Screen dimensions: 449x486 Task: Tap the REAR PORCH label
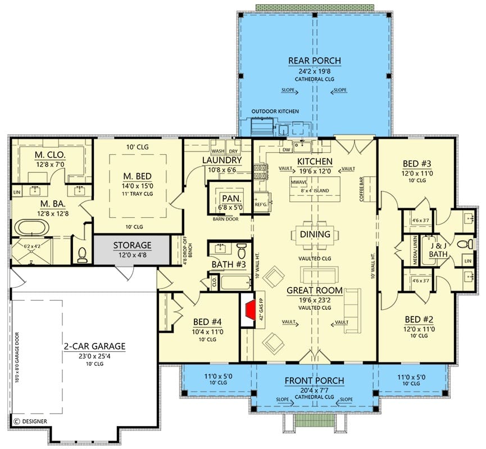tap(315, 61)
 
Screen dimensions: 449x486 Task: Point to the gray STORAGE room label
tap(132, 245)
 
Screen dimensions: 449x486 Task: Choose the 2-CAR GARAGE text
tap(94, 346)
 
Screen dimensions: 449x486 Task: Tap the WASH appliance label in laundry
tap(217, 151)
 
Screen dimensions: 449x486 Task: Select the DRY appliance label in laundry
tap(233, 151)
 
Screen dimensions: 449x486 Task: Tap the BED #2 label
tap(416, 318)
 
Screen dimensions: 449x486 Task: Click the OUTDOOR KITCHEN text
tap(275, 111)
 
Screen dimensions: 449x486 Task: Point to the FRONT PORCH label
tap(314, 381)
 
